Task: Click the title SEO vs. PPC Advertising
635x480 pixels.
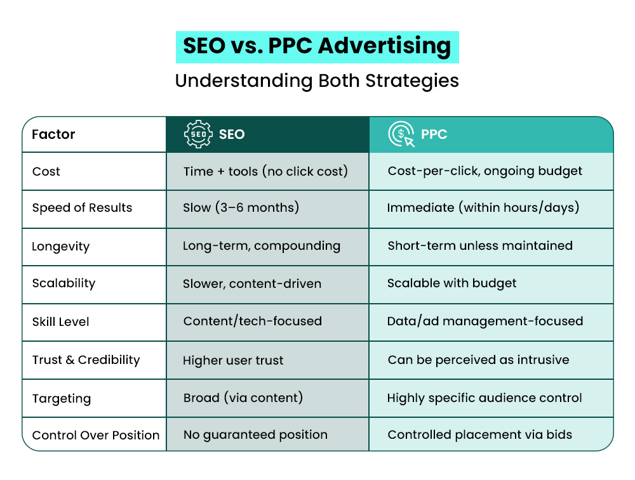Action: pyautogui.click(x=317, y=47)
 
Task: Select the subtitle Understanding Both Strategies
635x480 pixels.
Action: pyautogui.click(x=317, y=81)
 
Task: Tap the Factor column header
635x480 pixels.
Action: pyautogui.click(x=54, y=134)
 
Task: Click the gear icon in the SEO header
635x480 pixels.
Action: pyautogui.click(x=198, y=134)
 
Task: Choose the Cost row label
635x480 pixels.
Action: pyautogui.click(x=46, y=171)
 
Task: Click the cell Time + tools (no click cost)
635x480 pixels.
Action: pyautogui.click(x=265, y=171)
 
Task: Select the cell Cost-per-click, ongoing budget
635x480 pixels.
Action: pyautogui.click(x=485, y=171)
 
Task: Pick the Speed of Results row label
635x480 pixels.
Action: pyautogui.click(x=82, y=208)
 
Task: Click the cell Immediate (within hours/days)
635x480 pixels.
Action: pyautogui.click(x=483, y=208)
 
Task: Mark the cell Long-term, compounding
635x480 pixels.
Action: pyautogui.click(x=262, y=246)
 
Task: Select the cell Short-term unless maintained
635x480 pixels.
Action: pyautogui.click(x=480, y=246)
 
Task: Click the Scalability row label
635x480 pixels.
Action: pyautogui.click(x=63, y=283)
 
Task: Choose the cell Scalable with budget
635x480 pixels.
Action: pyautogui.click(x=452, y=283)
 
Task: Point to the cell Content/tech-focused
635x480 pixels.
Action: pyautogui.click(x=253, y=321)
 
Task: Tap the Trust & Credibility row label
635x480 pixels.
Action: pyautogui.click(x=86, y=360)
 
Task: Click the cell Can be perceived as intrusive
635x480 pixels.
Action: pyautogui.click(x=479, y=360)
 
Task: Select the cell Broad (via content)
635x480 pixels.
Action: pyautogui.click(x=243, y=398)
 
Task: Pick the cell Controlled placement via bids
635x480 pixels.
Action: pyautogui.click(x=480, y=435)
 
